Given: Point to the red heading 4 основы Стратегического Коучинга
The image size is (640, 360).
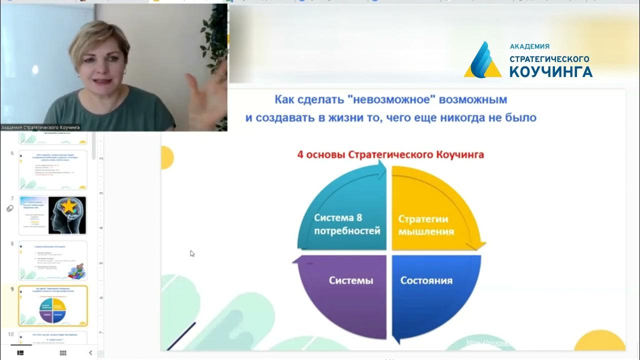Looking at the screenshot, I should coord(390,154).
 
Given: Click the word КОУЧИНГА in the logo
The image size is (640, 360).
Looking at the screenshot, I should coord(551,72).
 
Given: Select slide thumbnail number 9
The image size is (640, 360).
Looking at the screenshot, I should coord(53,305).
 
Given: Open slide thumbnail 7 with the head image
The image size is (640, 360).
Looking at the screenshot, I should coord(53,215).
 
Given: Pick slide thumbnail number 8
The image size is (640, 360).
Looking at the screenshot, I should coord(53,260).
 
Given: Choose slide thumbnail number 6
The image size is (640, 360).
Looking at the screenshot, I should coord(53,169).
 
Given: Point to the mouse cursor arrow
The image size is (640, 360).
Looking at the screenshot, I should coord(192,253).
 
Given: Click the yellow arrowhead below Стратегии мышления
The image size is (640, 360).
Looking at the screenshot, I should coord(478,245).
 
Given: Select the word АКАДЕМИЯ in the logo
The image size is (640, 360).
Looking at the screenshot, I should coord(529,46).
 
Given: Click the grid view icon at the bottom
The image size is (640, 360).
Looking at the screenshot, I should coord(63,353).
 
